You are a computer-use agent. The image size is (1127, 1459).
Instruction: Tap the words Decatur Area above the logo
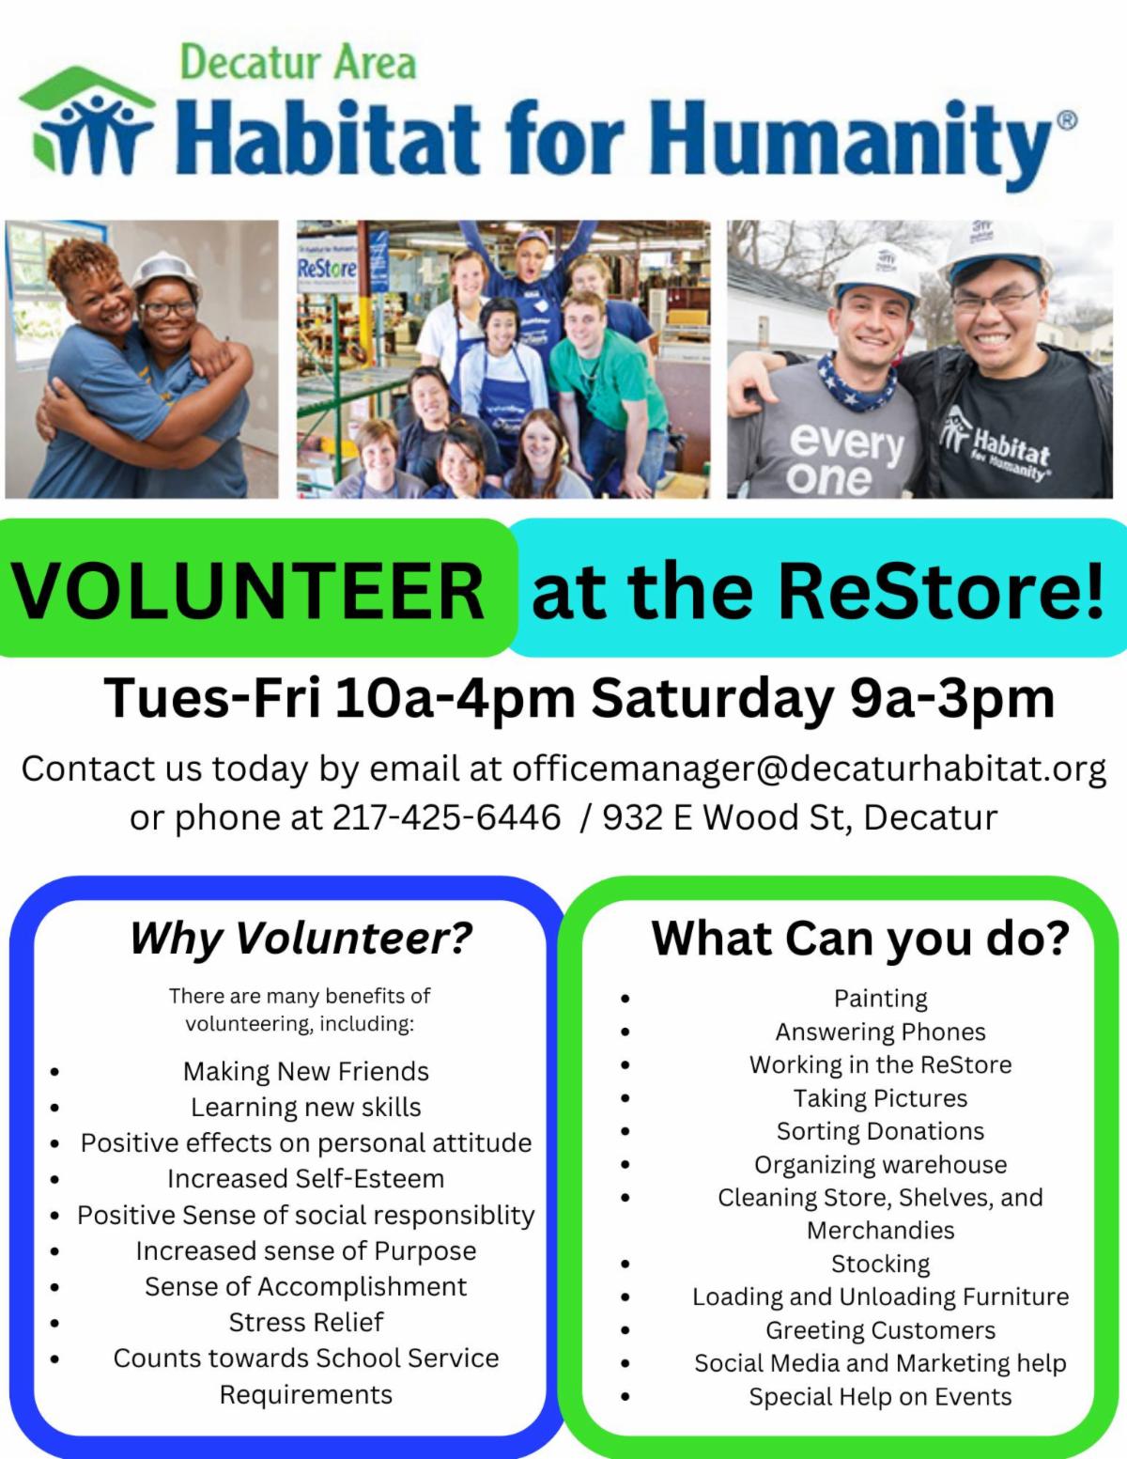pos(299,62)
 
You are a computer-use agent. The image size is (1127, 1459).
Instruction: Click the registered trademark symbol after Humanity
pos(1067,120)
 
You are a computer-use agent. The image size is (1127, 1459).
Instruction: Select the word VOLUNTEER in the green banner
pos(248,591)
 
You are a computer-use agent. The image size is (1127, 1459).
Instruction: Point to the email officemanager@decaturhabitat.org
pos(810,768)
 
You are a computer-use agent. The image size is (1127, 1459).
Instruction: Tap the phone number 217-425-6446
pos(446,817)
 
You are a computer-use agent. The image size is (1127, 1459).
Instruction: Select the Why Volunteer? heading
pos(301,938)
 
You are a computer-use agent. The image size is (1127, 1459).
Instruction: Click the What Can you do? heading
pos(860,938)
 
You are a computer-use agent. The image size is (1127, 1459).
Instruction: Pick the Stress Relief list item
pos(306,1322)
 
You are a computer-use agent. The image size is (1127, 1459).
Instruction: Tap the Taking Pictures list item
pos(881,1098)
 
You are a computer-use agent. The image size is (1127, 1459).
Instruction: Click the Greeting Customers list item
pos(881,1330)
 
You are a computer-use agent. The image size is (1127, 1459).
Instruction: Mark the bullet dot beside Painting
pos(625,999)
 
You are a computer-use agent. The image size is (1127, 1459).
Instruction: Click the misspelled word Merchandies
pos(881,1230)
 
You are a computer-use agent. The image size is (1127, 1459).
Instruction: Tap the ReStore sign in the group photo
pos(327,269)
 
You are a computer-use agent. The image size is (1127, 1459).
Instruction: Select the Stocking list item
pos(881,1264)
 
